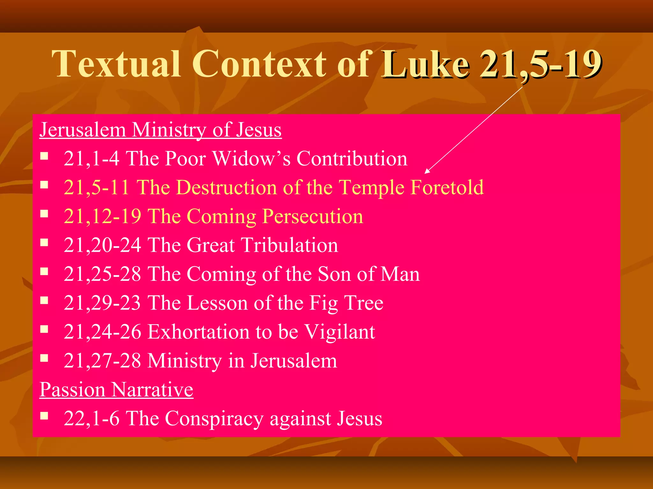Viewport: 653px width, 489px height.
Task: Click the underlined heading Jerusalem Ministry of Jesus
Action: pyautogui.click(x=160, y=130)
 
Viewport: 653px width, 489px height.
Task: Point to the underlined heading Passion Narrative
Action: pyautogui.click(x=116, y=389)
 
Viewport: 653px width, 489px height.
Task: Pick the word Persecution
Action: pyautogui.click(x=313, y=216)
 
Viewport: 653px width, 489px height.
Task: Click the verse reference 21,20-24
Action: pyautogui.click(x=102, y=245)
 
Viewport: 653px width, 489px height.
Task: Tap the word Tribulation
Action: pyautogui.click(x=290, y=245)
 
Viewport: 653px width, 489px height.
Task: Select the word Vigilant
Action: pyautogui.click(x=340, y=332)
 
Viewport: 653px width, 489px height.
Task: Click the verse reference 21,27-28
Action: pyautogui.click(x=102, y=361)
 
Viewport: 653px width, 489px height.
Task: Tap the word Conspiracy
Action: pyautogui.click(x=214, y=418)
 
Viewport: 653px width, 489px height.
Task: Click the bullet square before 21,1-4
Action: pyautogui.click(x=44, y=156)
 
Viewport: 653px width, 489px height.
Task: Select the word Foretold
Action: pyautogui.click(x=447, y=187)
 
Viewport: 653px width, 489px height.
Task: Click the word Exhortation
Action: pyautogui.click(x=198, y=332)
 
